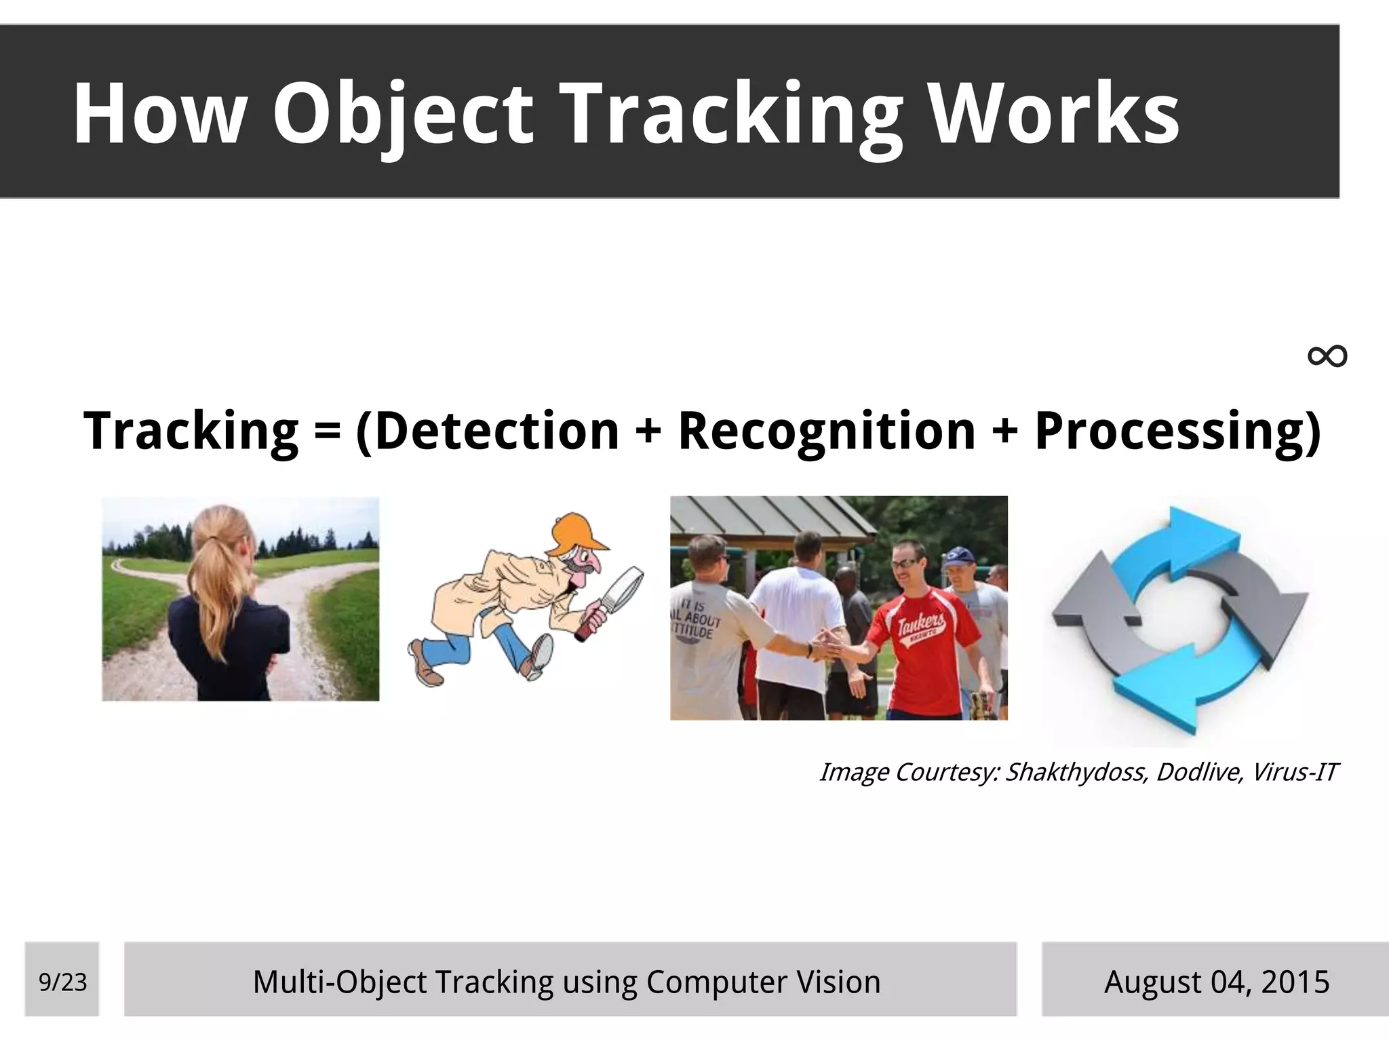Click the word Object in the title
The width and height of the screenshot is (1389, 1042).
[403, 113]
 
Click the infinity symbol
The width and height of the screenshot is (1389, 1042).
[1327, 356]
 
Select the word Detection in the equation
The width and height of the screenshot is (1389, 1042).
[496, 431]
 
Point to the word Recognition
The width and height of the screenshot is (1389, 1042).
[826, 431]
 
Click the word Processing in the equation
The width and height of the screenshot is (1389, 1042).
[1168, 431]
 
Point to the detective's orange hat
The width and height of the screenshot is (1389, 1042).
[579, 533]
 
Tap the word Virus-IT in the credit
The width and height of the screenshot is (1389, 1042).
[1294, 773]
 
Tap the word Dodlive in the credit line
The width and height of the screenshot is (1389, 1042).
[1199, 773]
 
